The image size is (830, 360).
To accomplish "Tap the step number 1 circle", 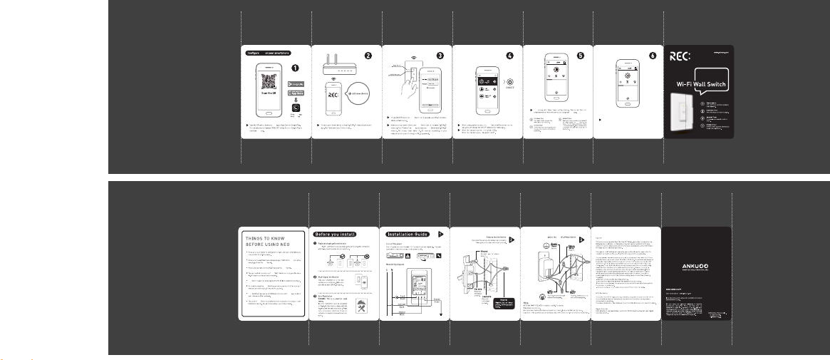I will click(299, 62).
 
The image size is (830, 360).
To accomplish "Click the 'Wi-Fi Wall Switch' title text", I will click(701, 83).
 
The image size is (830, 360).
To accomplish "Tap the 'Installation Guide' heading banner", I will click(410, 233).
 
